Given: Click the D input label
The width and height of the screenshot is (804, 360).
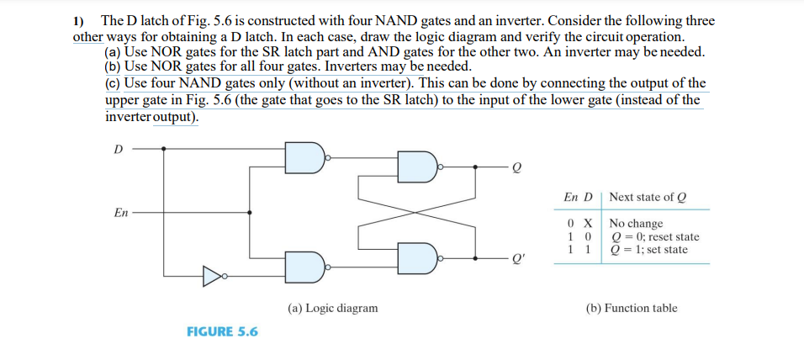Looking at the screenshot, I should pyautogui.click(x=117, y=149).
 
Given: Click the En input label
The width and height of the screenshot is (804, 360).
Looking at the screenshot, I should pyautogui.click(x=121, y=212).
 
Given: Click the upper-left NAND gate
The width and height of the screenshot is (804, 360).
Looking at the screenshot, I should pyautogui.click(x=304, y=156).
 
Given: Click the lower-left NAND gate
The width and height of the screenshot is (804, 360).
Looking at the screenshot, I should pyautogui.click(x=304, y=267).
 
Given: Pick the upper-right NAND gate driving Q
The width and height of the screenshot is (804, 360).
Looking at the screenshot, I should pyautogui.click(x=416, y=167).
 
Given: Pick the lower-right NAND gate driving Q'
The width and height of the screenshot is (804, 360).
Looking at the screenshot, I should pyautogui.click(x=416, y=257).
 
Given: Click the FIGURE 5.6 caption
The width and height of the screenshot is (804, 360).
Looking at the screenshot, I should pyautogui.click(x=222, y=331).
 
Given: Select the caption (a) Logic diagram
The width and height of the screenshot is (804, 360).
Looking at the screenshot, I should pyautogui.click(x=332, y=308).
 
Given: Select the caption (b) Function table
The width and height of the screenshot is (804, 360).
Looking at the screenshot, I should pyautogui.click(x=631, y=308).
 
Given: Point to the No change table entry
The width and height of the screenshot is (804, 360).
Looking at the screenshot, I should pyautogui.click(x=636, y=224).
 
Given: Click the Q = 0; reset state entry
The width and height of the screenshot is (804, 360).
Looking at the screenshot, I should pyautogui.click(x=653, y=236).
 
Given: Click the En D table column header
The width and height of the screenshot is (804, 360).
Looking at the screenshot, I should pyautogui.click(x=579, y=197).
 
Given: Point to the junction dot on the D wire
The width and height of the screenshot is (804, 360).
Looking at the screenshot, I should pyautogui.click(x=164, y=149).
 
